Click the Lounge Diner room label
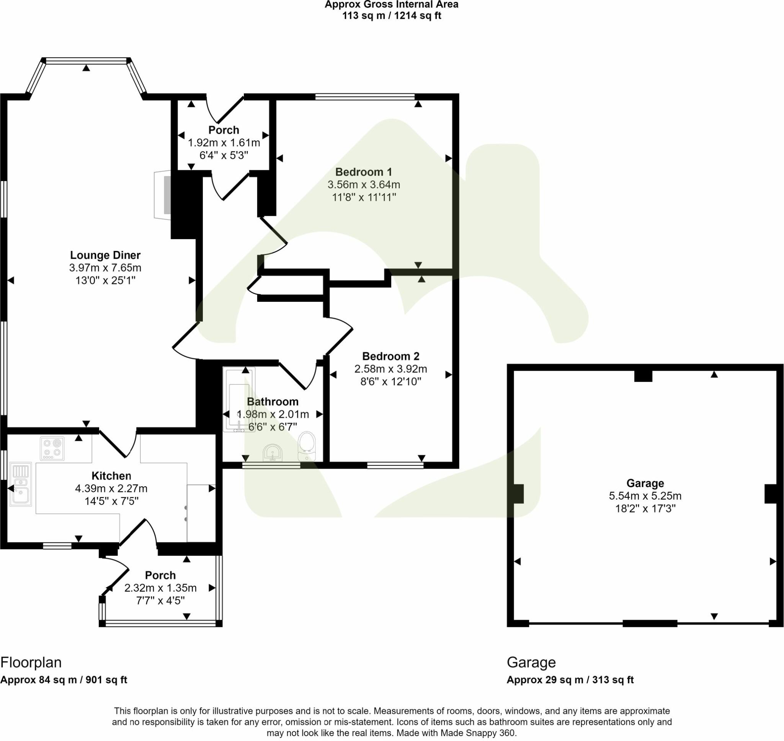click(105, 255)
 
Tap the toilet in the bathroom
click(307, 446)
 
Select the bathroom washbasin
click(273, 453)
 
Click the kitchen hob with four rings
click(52, 448)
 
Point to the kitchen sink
click(21, 484)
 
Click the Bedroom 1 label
click(364, 172)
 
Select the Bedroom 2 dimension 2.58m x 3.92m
click(390, 369)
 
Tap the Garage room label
click(645, 483)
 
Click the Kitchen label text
click(111, 476)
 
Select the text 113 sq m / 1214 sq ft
click(391, 16)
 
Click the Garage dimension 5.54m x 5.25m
click(645, 496)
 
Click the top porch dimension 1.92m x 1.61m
click(224, 143)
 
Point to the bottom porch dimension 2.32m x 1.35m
click(160, 588)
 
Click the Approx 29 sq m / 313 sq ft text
click(570, 680)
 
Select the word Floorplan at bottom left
click(31, 662)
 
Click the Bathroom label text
click(272, 402)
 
